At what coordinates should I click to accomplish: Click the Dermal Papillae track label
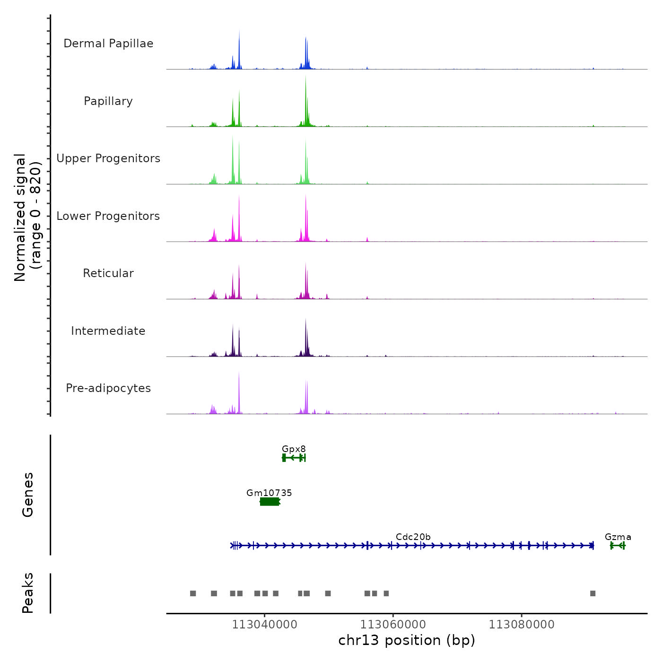[x=108, y=44]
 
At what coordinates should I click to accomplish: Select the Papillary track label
[x=108, y=101]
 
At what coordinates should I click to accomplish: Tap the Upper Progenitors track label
[x=108, y=158]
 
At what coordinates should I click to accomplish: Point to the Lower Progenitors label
[x=108, y=216]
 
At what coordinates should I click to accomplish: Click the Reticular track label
[x=108, y=273]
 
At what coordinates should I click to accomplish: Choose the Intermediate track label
[x=108, y=331]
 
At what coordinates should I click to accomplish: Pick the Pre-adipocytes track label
[x=108, y=388]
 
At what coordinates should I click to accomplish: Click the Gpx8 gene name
[x=294, y=449]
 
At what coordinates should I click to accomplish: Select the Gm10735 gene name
[x=269, y=493]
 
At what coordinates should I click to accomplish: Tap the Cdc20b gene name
[x=413, y=537]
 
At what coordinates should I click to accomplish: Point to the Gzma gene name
[x=618, y=537]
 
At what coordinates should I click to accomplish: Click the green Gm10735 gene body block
[x=270, y=502]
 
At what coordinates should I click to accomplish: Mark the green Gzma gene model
[x=618, y=546]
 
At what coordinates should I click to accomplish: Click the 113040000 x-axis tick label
[x=264, y=625]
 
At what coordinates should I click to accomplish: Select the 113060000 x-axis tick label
[x=393, y=625]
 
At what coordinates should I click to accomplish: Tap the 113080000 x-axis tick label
[x=522, y=625]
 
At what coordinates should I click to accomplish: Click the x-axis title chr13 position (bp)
[x=407, y=640]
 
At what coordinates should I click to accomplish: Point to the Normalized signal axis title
[x=27, y=218]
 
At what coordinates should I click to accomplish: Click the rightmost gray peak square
[x=592, y=593]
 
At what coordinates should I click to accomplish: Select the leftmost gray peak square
[x=193, y=593]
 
